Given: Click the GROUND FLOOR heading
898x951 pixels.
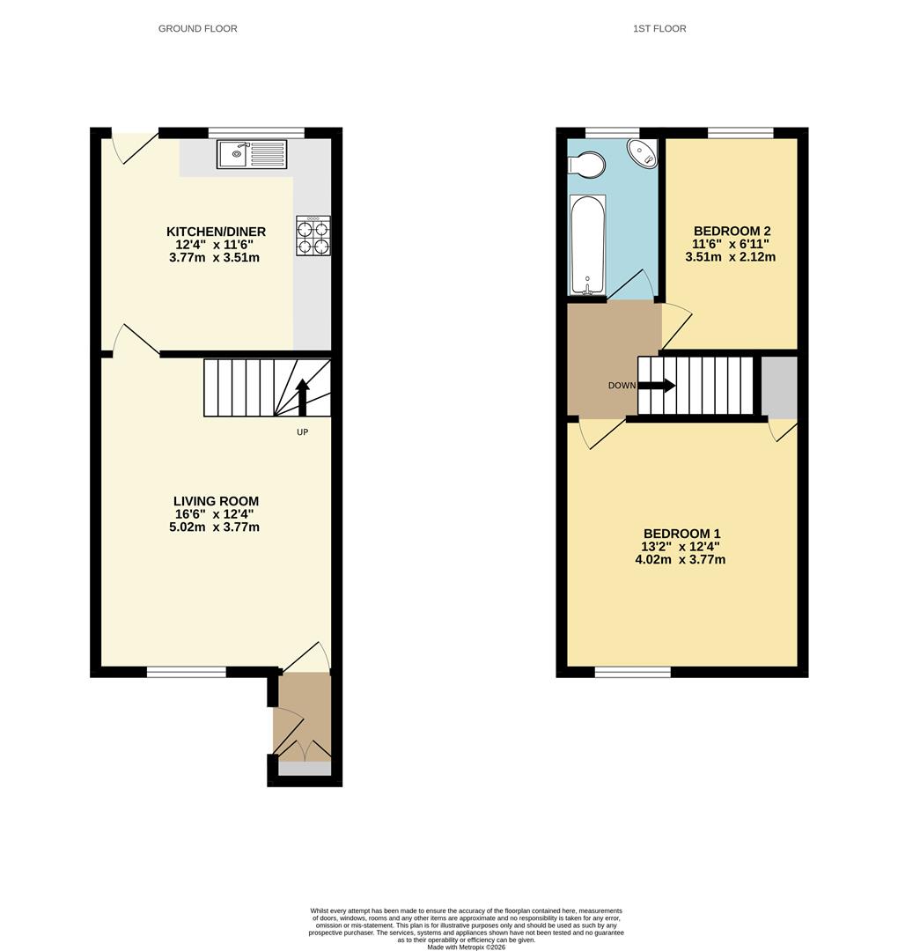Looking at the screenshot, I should point(197,29).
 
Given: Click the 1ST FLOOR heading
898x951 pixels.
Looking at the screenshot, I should point(659,29).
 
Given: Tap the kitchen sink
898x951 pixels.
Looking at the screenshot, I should point(235,154).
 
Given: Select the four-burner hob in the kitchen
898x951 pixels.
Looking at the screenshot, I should point(313,235).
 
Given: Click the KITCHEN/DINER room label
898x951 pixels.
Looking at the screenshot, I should point(216,232).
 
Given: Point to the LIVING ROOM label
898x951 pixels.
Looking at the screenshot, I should point(216,501).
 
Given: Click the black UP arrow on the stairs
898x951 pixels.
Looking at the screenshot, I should point(302,395).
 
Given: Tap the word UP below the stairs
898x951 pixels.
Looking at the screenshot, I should point(302,432).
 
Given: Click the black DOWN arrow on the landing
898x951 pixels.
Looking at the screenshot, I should point(657,385).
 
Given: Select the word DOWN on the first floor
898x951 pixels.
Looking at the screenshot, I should point(622,386).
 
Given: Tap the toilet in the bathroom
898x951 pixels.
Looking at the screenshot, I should point(586,164).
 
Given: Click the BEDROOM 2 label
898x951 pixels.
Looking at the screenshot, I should point(730,232).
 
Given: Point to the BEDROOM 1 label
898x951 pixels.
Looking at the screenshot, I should point(681,534).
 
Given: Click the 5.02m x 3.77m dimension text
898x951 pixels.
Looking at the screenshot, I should point(216,527).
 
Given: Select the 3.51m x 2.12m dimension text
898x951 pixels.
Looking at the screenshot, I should point(730,257).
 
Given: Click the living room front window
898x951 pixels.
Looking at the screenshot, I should point(186,672).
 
